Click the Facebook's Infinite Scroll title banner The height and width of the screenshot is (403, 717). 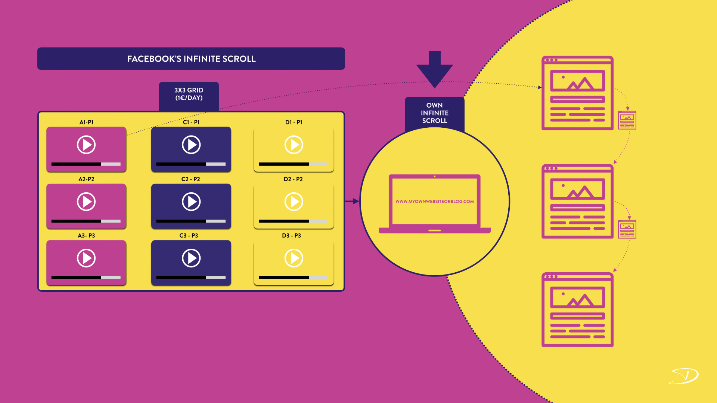point(191,59)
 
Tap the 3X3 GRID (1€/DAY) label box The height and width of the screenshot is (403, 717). point(189,94)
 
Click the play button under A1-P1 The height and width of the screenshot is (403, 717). point(86,145)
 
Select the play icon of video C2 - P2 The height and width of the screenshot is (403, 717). point(191,202)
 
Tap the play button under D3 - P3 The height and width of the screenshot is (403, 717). point(294,258)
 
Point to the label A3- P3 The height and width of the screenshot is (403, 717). point(86,236)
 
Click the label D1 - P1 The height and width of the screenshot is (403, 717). point(294,122)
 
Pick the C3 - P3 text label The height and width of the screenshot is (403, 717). point(189,236)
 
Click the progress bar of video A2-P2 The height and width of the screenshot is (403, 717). point(86,221)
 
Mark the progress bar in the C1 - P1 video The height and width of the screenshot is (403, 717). point(190,164)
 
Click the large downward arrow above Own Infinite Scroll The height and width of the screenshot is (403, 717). point(435,69)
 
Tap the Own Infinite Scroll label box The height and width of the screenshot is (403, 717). point(435,113)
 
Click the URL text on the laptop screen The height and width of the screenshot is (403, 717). point(435,201)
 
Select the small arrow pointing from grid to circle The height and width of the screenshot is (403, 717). point(352,201)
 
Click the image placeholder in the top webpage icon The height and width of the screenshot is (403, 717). point(577,81)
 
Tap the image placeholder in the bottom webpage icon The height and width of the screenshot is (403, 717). point(577,298)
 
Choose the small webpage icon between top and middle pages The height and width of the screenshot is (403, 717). point(627,120)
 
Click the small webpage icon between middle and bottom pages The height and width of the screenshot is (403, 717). point(627,229)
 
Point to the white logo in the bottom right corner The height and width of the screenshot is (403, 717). point(684,376)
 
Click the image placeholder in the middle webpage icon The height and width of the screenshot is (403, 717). point(577,189)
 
